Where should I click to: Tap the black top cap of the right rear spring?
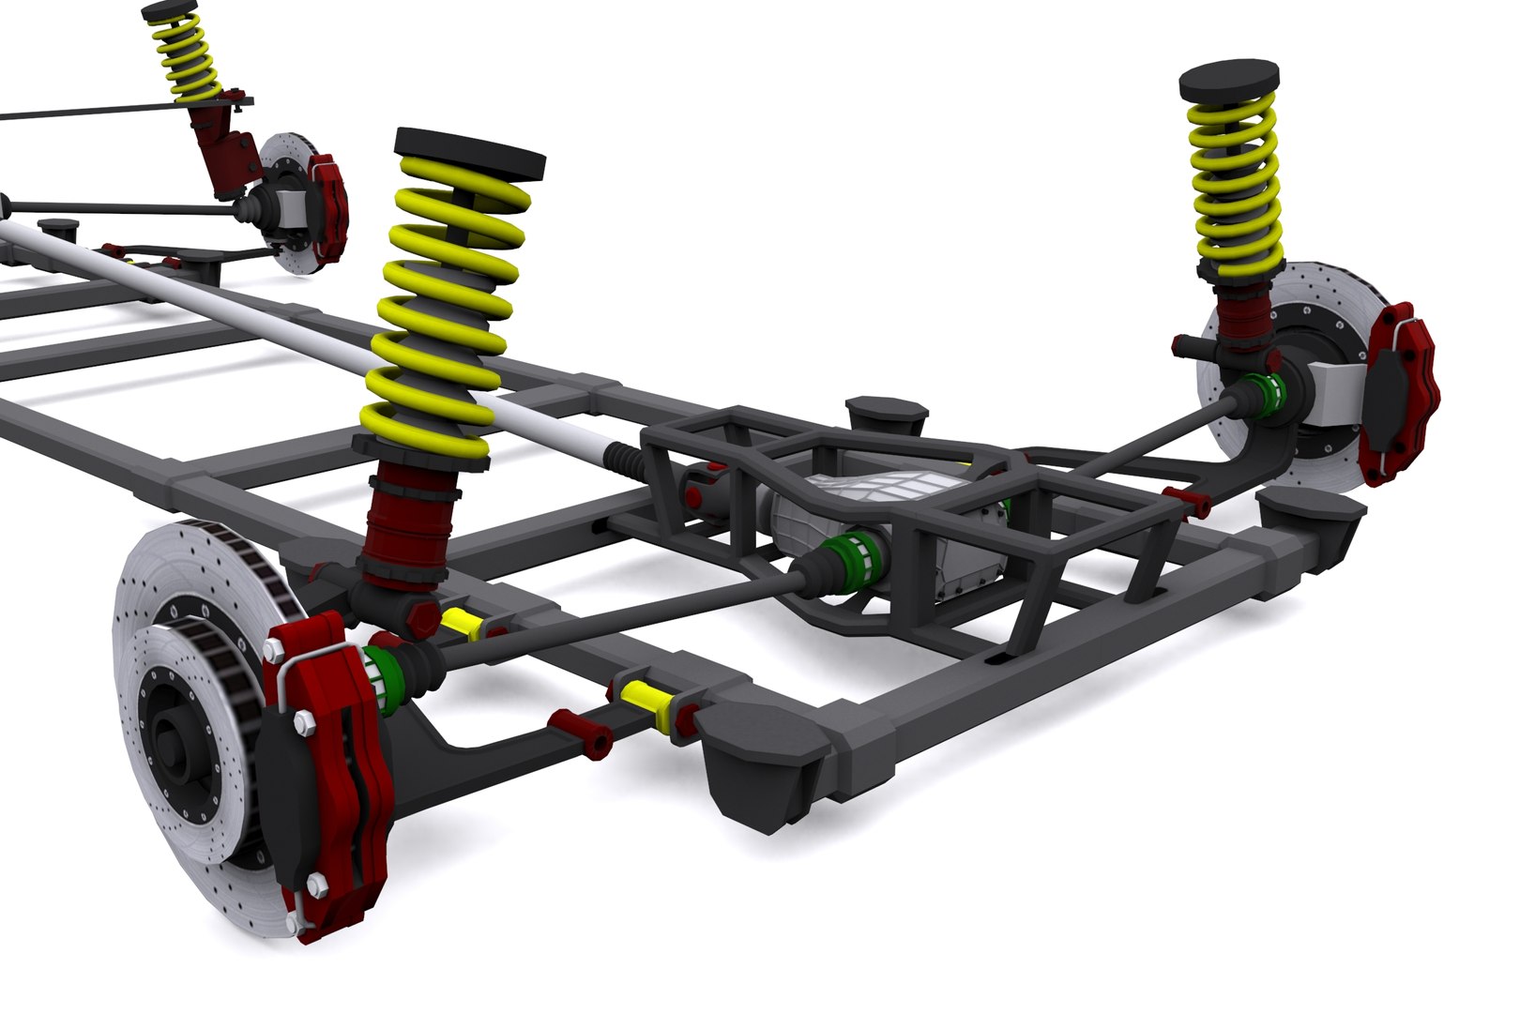[x=1229, y=81]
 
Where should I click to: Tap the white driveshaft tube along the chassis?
[x=281, y=319]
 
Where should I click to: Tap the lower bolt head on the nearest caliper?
[x=316, y=885]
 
